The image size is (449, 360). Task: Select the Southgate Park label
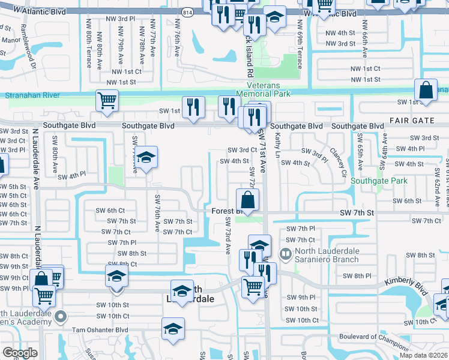point(379,181)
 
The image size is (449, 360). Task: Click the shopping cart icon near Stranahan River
point(107,101)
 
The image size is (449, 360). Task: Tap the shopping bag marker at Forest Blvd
point(248,200)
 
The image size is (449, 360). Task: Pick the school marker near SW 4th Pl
point(146,158)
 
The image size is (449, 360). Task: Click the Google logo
point(20,353)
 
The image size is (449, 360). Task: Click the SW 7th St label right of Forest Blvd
point(356,213)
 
